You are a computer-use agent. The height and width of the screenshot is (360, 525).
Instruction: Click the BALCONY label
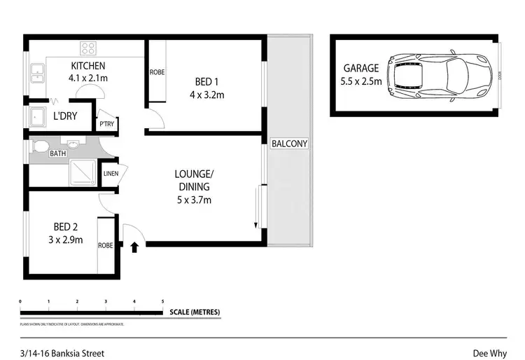289,144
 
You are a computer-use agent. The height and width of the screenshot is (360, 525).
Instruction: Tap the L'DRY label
65,117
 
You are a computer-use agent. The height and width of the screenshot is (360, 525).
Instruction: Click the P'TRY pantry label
106,125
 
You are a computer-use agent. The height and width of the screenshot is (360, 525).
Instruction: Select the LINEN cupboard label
111,174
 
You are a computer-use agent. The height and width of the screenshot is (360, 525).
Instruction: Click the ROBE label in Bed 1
157,72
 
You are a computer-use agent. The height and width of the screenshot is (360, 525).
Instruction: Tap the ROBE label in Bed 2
106,246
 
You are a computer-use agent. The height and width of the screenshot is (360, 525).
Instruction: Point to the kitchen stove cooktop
88,48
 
